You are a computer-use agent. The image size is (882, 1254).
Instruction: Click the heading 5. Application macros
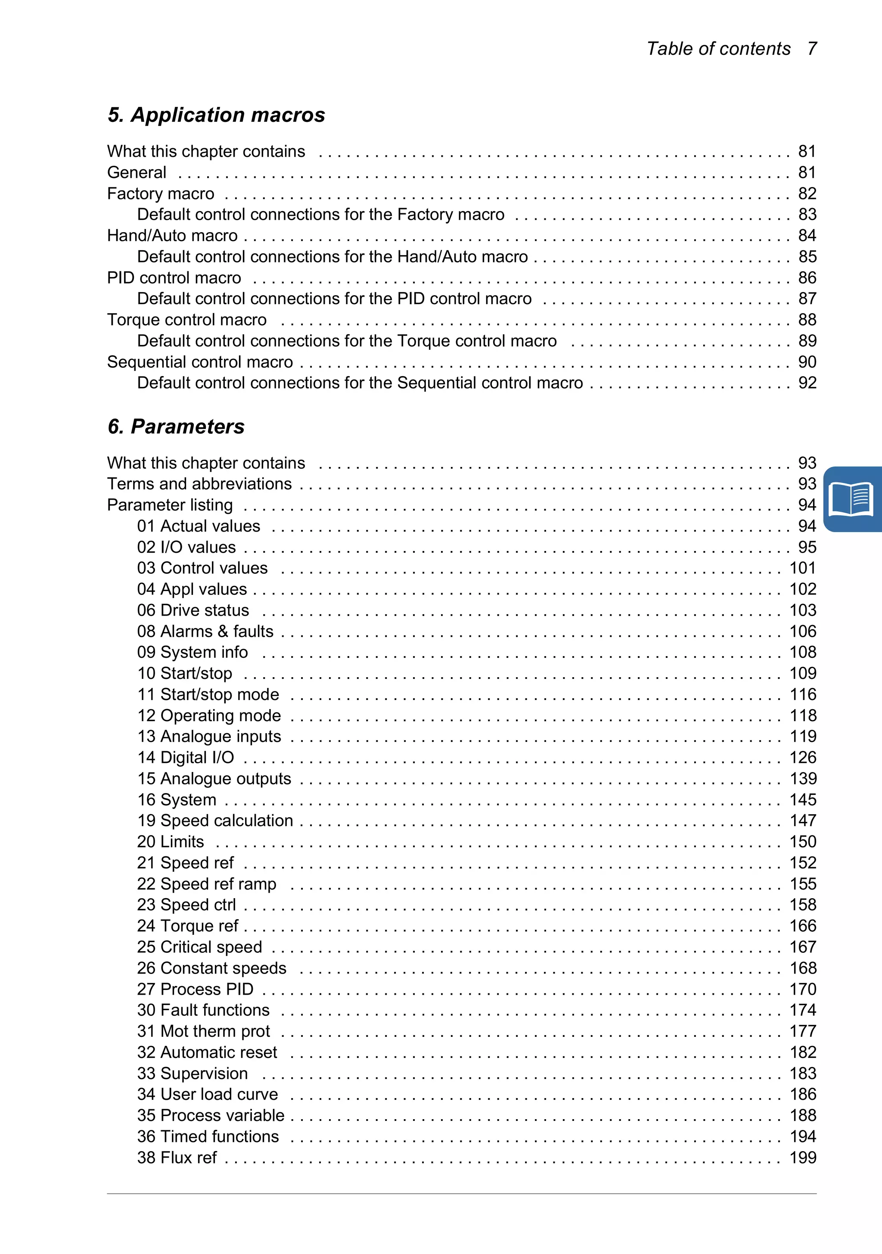(x=216, y=115)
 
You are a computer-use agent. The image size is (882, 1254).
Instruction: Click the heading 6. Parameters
(x=176, y=426)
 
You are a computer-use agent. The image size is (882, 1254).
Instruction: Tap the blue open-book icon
(x=851, y=499)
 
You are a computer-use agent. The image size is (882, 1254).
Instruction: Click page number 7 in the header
(x=812, y=49)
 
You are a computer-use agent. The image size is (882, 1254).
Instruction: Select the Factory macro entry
(x=161, y=193)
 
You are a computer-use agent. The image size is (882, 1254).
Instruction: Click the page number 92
(x=807, y=383)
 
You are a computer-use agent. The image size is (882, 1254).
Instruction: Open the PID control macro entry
(x=174, y=277)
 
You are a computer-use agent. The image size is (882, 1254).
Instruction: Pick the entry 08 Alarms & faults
(x=205, y=632)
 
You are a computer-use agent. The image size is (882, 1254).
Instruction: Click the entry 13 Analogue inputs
(x=208, y=736)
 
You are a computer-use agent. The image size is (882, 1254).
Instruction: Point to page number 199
(x=803, y=1158)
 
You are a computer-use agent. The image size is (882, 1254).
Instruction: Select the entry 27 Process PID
(x=195, y=989)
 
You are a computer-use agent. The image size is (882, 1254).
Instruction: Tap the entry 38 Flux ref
(x=177, y=1158)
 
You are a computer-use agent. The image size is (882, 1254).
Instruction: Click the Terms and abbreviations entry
(x=199, y=484)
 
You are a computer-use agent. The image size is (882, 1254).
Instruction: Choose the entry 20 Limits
(x=171, y=842)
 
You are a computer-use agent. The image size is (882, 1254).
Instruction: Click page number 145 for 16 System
(x=803, y=800)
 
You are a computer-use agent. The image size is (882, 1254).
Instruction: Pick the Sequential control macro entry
(x=200, y=362)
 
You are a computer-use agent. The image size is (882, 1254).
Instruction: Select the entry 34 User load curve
(x=208, y=1095)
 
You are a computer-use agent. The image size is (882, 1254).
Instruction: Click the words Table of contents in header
(x=718, y=49)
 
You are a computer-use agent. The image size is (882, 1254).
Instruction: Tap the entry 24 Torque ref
(x=187, y=926)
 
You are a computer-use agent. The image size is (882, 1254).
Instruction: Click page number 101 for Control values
(x=803, y=568)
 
